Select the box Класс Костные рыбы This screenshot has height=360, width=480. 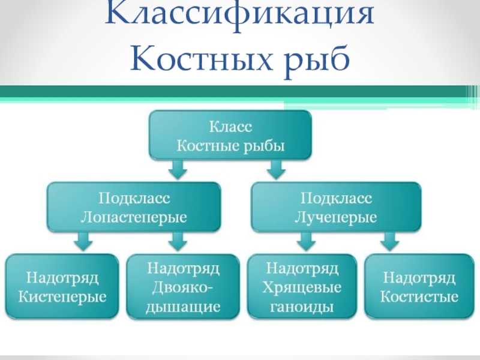point(230,136)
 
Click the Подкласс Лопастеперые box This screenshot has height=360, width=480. point(134,207)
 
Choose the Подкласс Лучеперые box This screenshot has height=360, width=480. point(336,207)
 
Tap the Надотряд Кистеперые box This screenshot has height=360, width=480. point(62,287)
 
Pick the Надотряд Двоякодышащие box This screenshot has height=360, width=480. point(183,287)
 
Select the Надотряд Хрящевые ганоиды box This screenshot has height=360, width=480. point(302,287)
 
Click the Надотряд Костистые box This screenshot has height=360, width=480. point(419,287)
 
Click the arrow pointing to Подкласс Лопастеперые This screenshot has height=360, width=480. point(178,169)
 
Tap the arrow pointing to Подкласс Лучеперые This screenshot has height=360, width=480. point(276,169)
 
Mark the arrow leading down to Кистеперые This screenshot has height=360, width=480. point(83,241)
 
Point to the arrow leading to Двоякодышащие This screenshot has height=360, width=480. point(178,241)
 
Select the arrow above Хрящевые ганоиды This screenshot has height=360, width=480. point(306,241)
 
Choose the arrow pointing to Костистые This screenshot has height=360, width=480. point(389,241)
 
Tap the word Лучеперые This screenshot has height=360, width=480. point(336,217)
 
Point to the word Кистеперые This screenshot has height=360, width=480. point(62,296)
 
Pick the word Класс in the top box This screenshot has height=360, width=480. point(230,127)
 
